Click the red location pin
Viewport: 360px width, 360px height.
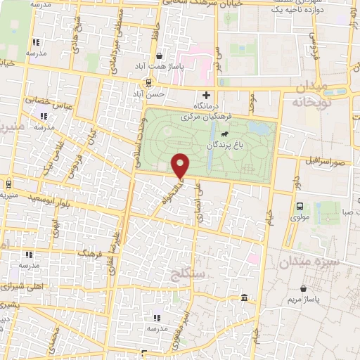click(181, 165)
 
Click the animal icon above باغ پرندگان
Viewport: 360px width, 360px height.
click(223, 134)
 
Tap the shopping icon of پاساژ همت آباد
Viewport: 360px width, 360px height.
click(160, 56)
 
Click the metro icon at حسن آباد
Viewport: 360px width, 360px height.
click(139, 93)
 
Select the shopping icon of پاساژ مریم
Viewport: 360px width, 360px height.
click(303, 288)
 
